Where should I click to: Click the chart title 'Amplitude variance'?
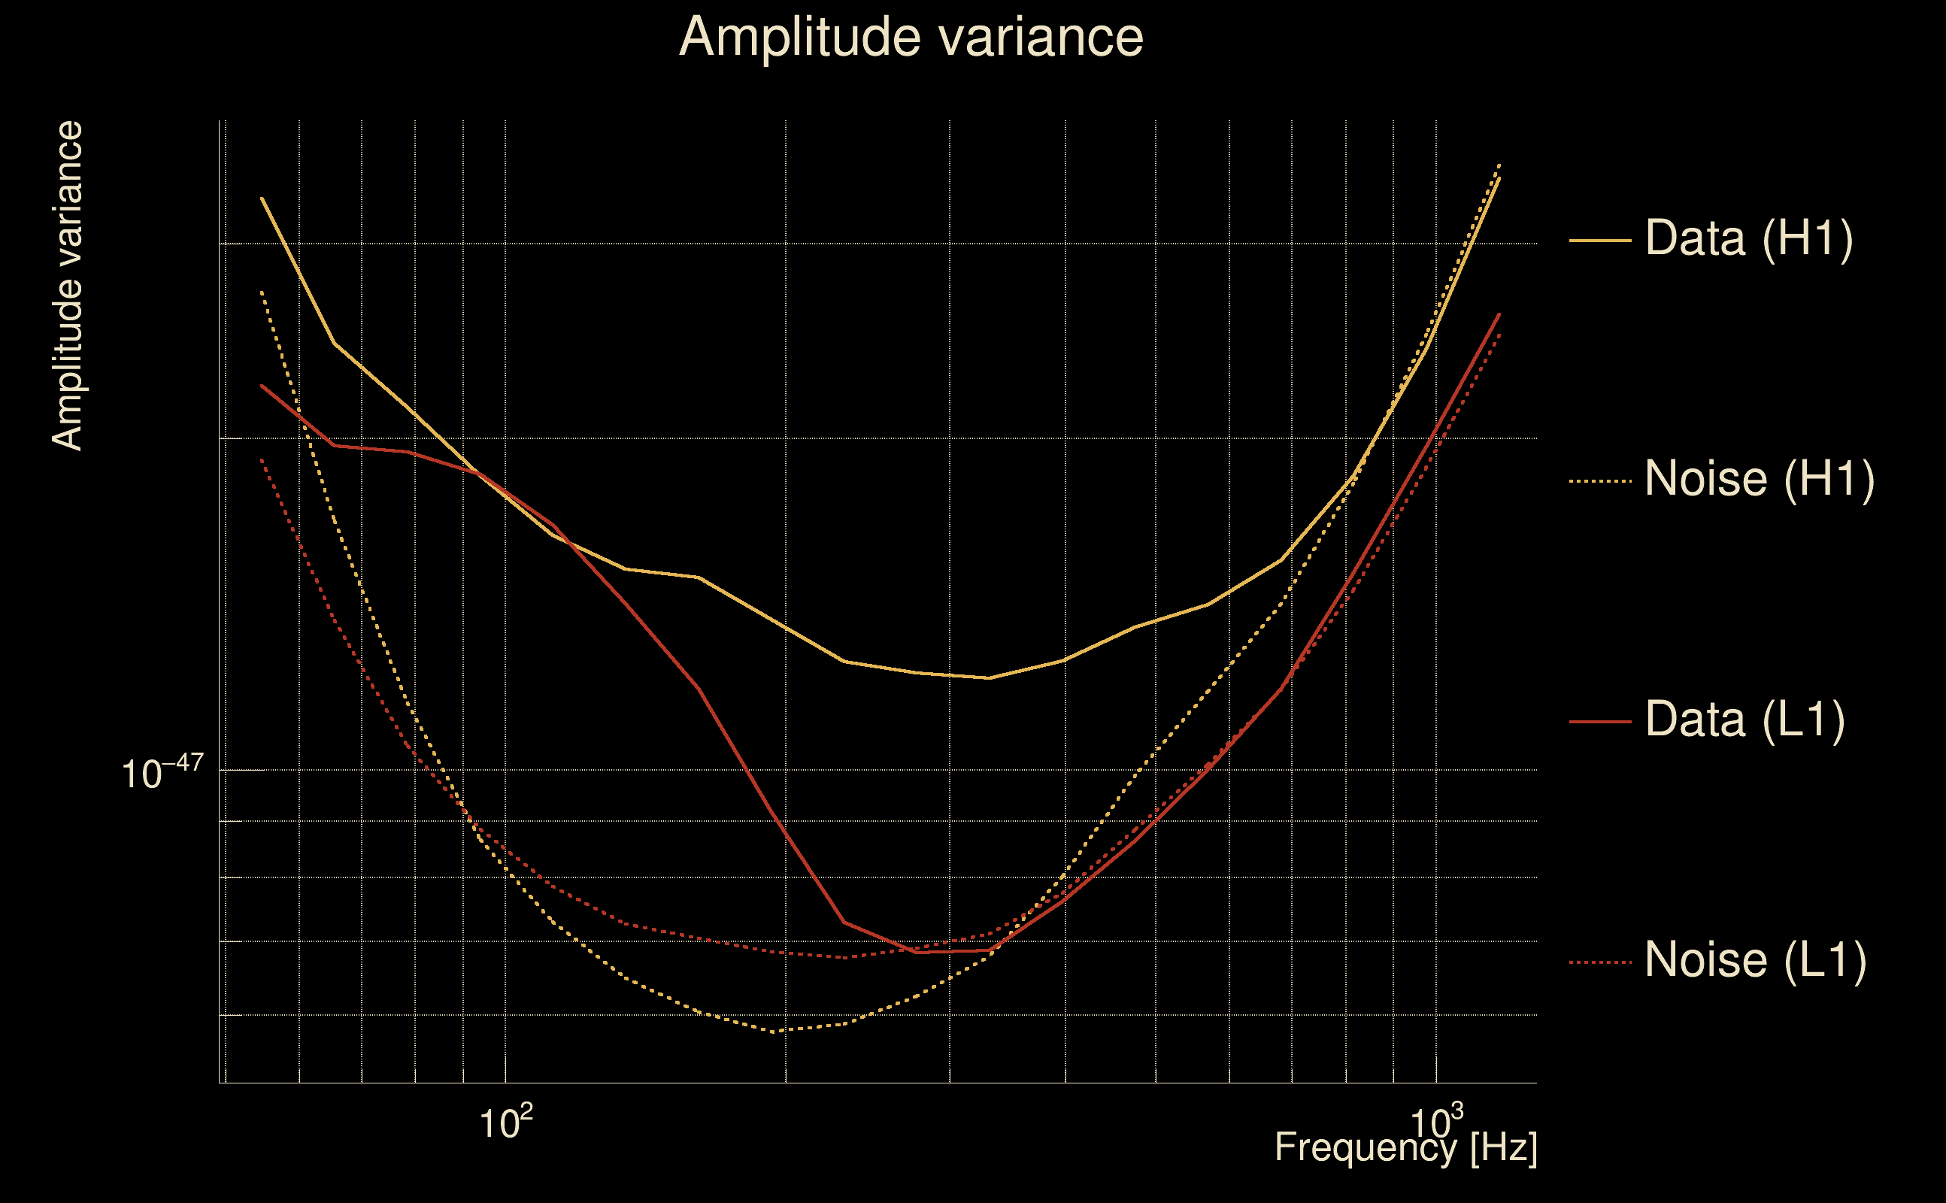(x=911, y=38)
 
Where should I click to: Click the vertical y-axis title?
(x=67, y=286)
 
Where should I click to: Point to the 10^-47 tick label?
(x=162, y=771)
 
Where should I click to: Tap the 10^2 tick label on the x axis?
(x=506, y=1122)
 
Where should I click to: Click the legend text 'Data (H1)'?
(x=1750, y=238)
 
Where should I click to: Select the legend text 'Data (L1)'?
(x=1744, y=720)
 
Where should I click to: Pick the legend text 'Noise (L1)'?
(x=1755, y=960)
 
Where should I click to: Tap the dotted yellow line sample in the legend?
(x=1600, y=481)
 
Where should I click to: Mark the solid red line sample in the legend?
(x=1600, y=722)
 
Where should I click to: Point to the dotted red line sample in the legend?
(x=1600, y=962)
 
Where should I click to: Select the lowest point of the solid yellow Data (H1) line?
(x=989, y=678)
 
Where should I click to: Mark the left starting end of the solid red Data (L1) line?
(x=262, y=386)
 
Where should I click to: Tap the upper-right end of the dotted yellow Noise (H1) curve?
(x=1499, y=164)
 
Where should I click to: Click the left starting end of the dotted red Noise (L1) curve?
(x=262, y=459)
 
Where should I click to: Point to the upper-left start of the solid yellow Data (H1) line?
(x=262, y=198)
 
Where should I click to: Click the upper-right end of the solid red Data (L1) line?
(x=1499, y=314)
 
